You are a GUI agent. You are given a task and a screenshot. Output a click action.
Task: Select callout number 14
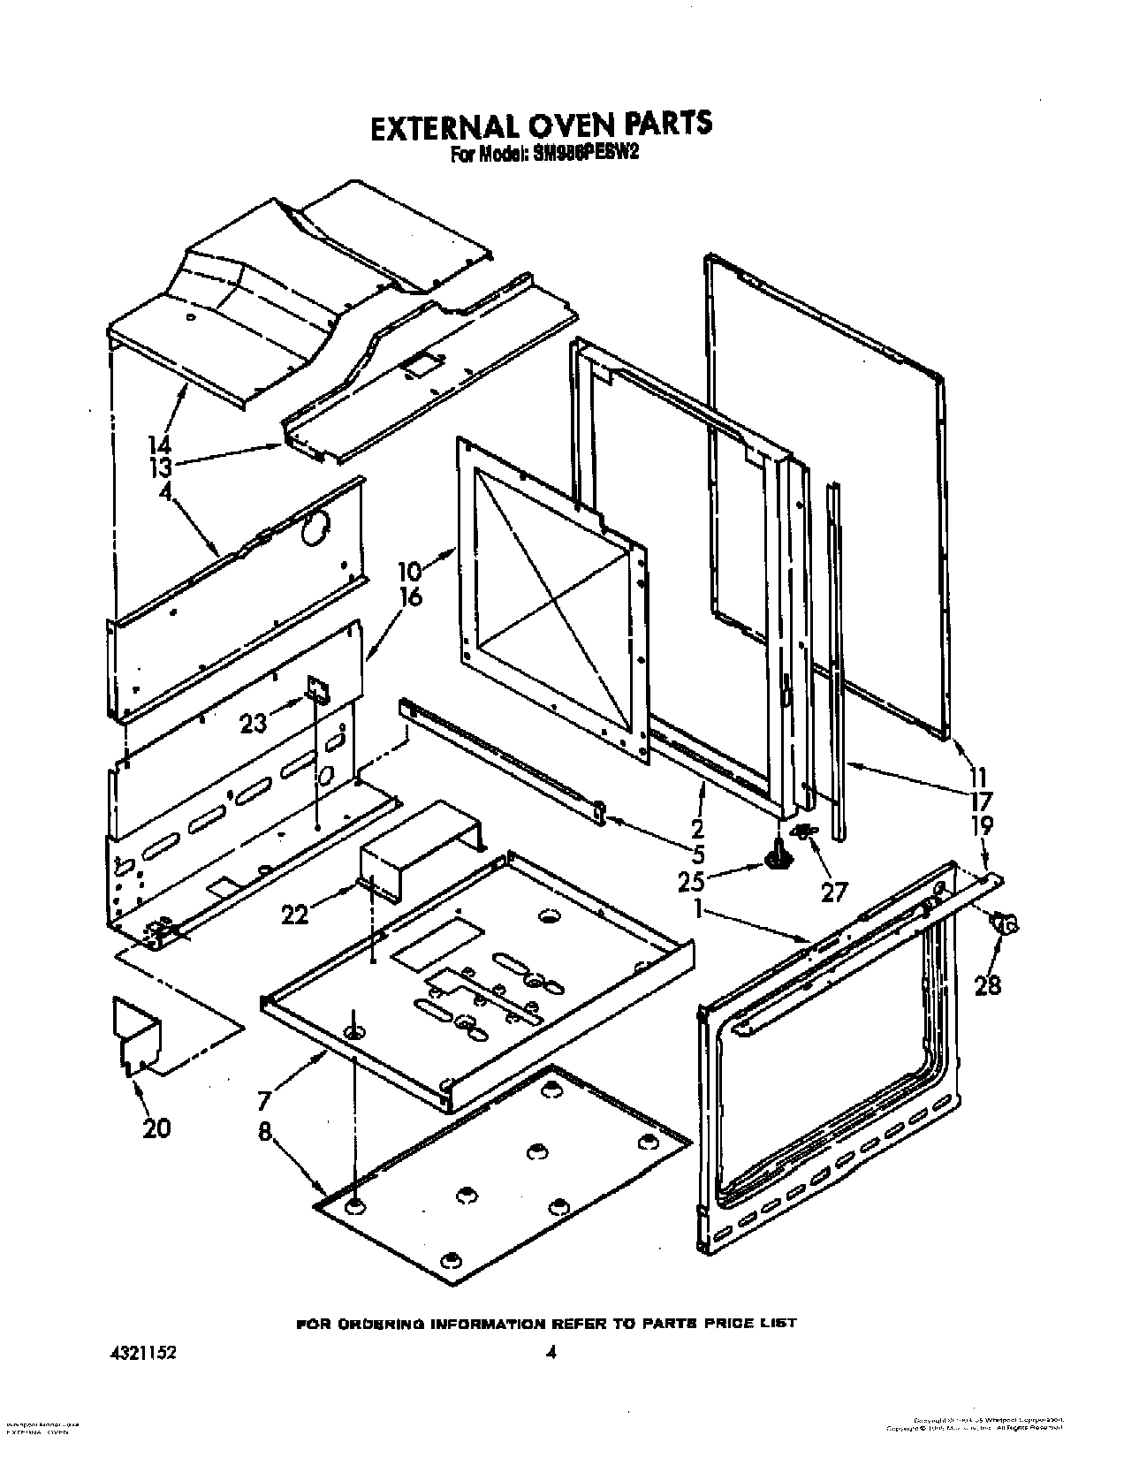point(160,444)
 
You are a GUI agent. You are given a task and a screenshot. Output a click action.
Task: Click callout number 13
point(160,467)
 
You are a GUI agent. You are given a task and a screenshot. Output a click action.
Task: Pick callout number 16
point(410,597)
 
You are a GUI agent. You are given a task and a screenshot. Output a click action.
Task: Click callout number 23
point(254,724)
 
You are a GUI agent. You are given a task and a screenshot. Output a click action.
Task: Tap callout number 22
point(295,915)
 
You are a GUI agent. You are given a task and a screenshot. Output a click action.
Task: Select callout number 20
point(156,1128)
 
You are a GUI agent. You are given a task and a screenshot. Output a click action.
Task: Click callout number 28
point(987,983)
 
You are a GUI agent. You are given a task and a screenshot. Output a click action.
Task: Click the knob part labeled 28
point(1006,924)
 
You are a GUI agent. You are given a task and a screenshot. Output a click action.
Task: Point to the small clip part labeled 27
point(804,831)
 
